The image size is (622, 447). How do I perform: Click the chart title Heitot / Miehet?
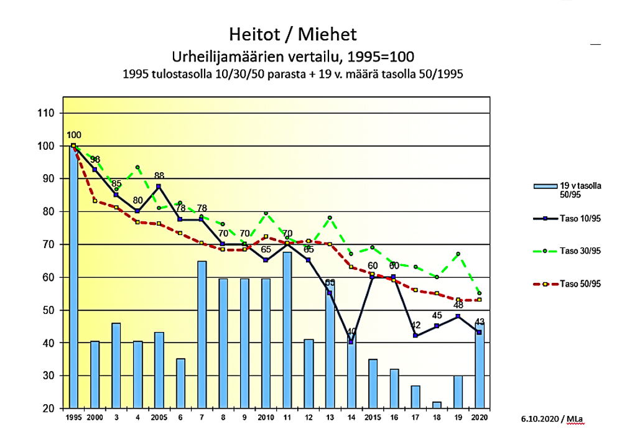coord(292,34)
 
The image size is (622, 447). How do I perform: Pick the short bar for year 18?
coord(437,406)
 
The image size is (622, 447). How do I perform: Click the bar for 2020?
coord(480,367)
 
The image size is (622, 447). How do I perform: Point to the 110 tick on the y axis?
coord(48,113)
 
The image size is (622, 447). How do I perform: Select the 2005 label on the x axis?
coord(159,418)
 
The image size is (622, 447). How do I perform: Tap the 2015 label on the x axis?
coord(373,418)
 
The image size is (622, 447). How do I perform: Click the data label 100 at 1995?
coord(74,135)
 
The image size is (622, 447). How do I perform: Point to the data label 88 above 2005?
coord(159,176)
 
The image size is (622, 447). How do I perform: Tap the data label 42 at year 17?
coord(416,325)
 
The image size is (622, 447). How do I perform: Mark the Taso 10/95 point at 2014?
coord(351,342)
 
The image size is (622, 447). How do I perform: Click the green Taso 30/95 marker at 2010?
coord(266,214)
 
